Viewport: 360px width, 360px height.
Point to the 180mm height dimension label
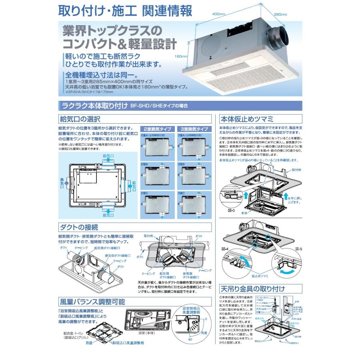(181, 56)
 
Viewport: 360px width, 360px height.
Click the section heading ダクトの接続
(78, 227)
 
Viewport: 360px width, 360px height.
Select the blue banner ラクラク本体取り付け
(92, 106)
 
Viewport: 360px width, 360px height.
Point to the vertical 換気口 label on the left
(62, 182)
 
